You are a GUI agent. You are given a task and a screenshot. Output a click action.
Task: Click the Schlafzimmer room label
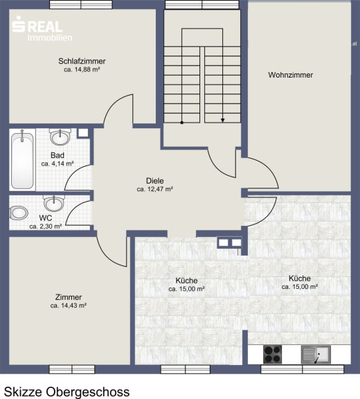[x=82, y=62]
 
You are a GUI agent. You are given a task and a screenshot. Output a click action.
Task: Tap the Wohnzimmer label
[x=290, y=75]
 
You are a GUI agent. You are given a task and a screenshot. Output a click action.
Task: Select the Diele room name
[x=155, y=181]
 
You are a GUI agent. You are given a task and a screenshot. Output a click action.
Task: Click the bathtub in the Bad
[x=22, y=159]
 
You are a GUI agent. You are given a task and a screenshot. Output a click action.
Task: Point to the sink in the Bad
[x=60, y=136]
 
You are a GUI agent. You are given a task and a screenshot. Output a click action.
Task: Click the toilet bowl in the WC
[x=19, y=213]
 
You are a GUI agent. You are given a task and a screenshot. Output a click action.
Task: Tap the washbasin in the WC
[x=54, y=203]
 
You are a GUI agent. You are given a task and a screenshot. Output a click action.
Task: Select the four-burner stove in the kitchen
[x=272, y=354]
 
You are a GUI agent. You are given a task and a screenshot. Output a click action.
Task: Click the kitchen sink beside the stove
[x=316, y=354]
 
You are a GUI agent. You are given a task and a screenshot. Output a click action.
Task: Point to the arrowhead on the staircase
[x=222, y=120]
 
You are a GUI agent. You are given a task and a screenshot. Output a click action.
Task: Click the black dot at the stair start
[x=182, y=123]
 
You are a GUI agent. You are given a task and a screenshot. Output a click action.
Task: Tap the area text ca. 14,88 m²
[x=82, y=69]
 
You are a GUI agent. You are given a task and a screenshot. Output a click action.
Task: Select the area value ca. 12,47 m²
[x=155, y=189]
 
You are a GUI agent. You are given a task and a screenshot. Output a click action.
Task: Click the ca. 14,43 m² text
[x=69, y=305]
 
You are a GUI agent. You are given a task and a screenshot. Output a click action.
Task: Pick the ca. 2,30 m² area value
[x=46, y=227]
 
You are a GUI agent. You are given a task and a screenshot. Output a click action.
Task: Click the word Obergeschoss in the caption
[x=88, y=392]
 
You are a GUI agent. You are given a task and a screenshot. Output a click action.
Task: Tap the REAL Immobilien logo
[x=42, y=28]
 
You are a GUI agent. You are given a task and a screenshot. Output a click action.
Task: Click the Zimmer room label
[x=69, y=297]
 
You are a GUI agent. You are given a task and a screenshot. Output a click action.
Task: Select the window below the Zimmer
[x=72, y=369]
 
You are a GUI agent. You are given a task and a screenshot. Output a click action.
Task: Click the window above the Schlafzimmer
[x=81, y=4]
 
